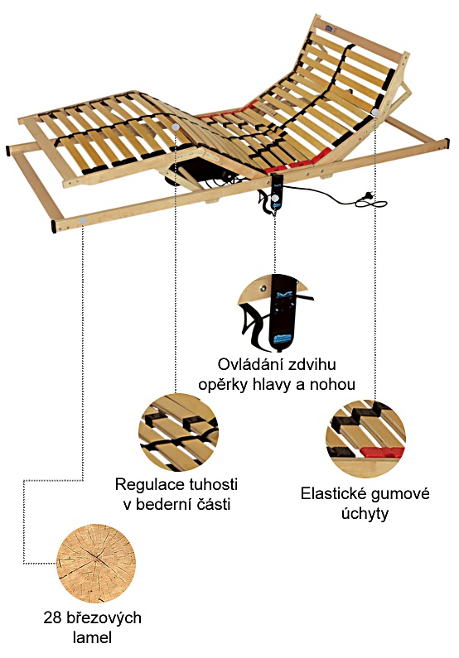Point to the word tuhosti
[x=214, y=484]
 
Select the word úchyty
[x=365, y=514]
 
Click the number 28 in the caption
[x=52, y=617]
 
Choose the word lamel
[x=92, y=638]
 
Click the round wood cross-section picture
[x=96, y=564]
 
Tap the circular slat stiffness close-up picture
[x=178, y=432]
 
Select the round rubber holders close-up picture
[x=365, y=439]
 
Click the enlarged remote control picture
[x=276, y=313]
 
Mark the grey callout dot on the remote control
[x=274, y=197]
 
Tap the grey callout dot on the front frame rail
[x=83, y=220]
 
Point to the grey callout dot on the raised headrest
[x=375, y=112]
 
